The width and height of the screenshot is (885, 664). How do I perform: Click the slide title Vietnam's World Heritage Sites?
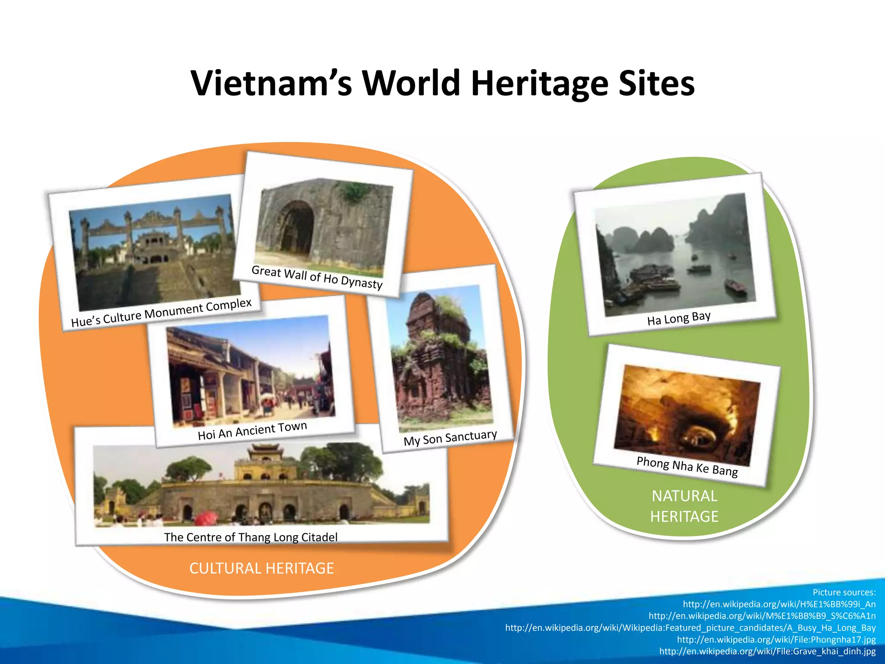pyautogui.click(x=442, y=83)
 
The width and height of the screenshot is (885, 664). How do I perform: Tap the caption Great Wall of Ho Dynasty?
pyautogui.click(x=317, y=277)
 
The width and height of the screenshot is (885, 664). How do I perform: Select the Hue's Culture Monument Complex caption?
pyautogui.click(x=161, y=313)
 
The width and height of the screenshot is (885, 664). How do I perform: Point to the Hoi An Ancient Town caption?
pyautogui.click(x=252, y=431)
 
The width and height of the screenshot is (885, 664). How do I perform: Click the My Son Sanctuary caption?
pyautogui.click(x=450, y=437)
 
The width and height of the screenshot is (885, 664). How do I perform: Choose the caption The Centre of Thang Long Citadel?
pyautogui.click(x=251, y=537)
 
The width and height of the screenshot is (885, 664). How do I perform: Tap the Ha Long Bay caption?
pyautogui.click(x=678, y=319)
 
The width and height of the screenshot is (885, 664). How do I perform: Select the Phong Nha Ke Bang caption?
pyautogui.click(x=687, y=466)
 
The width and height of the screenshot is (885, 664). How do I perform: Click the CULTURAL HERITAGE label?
pyautogui.click(x=261, y=568)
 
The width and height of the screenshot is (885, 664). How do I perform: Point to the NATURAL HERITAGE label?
pyautogui.click(x=684, y=506)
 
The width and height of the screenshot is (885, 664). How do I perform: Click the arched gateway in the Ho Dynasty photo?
pyautogui.click(x=297, y=227)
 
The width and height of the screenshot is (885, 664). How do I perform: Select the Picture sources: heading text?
pyautogui.click(x=844, y=592)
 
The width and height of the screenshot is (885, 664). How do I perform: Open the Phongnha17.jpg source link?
pyautogui.click(x=776, y=639)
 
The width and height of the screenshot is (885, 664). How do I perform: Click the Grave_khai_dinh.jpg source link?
pyautogui.click(x=767, y=651)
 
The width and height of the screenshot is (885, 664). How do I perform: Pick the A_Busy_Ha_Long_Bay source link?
pyautogui.click(x=690, y=628)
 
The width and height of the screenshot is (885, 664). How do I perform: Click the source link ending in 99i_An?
pyautogui.click(x=779, y=604)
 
